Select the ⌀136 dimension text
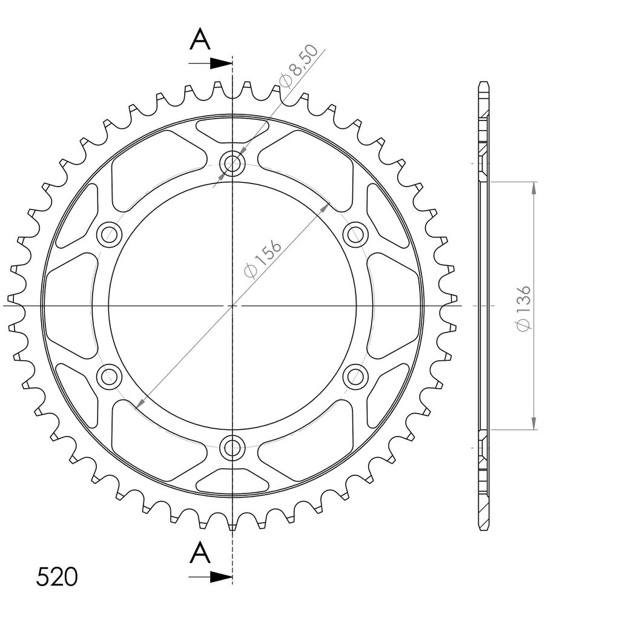(x=523, y=308)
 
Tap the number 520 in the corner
(x=57, y=577)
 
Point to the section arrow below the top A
(x=210, y=63)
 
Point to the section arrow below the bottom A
(x=210, y=577)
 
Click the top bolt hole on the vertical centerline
(x=232, y=163)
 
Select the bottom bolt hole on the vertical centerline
(x=232, y=448)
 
